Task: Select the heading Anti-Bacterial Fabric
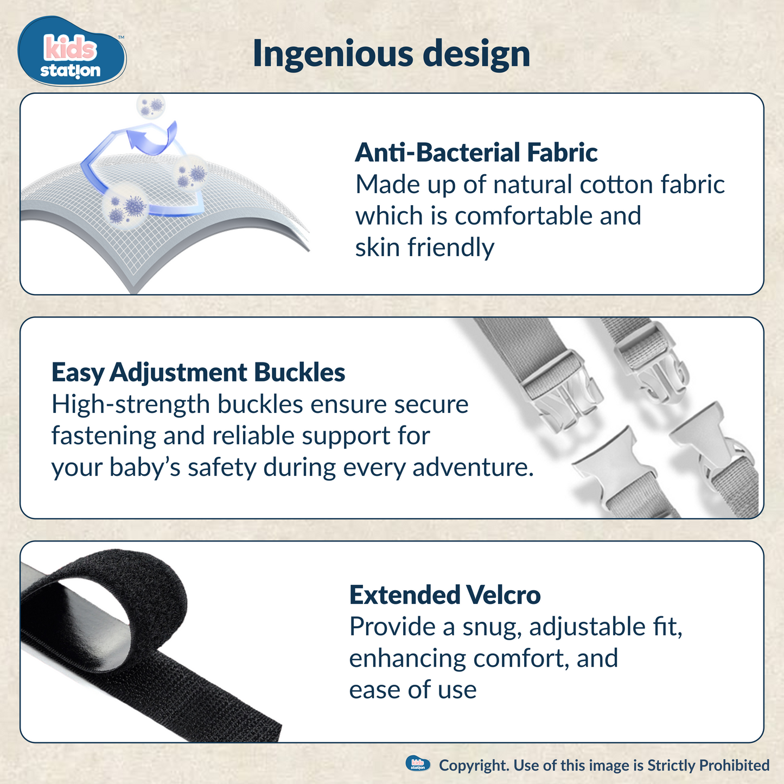[x=476, y=152]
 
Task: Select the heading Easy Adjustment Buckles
[x=198, y=373]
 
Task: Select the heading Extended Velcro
[x=444, y=595]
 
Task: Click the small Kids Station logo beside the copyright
[x=418, y=764]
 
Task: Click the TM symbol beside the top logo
[x=121, y=37]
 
